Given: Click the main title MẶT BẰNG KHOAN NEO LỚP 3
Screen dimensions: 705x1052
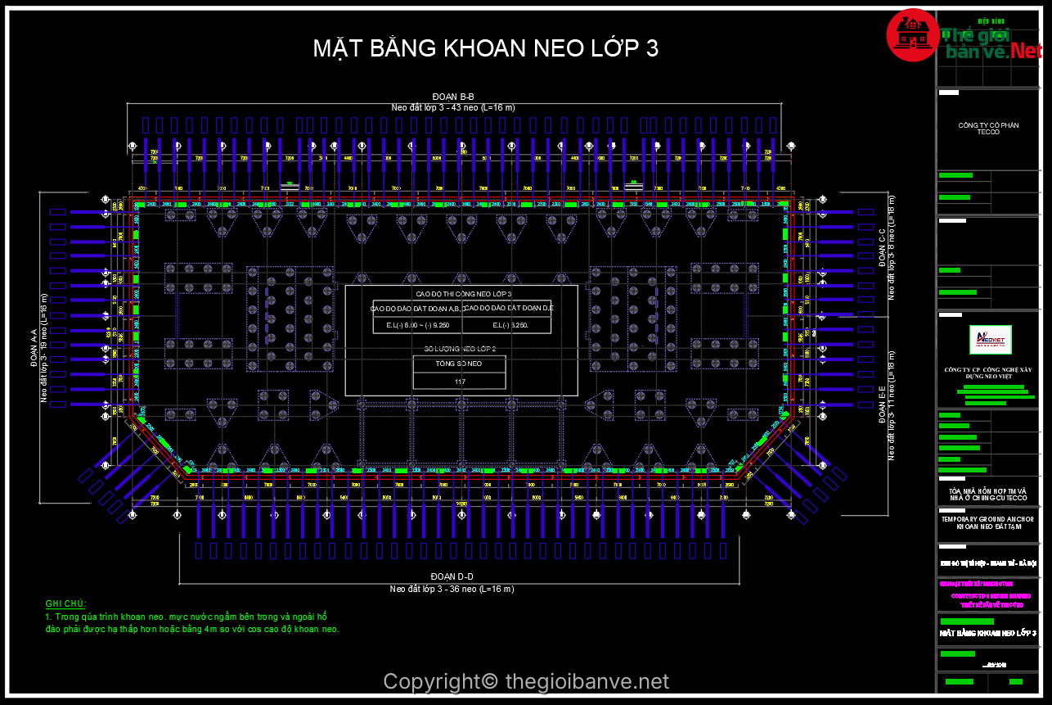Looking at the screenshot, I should click(x=485, y=48).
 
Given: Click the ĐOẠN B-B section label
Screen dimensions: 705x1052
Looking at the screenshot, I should click(x=453, y=97).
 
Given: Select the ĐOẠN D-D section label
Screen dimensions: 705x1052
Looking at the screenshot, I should click(x=452, y=578).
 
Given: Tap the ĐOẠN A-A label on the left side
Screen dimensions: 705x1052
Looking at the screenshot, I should click(x=34, y=349).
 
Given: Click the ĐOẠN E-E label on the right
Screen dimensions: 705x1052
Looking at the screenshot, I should click(x=882, y=404).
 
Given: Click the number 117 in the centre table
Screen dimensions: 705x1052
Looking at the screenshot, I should click(x=459, y=381).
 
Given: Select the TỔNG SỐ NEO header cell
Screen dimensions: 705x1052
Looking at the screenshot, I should click(x=459, y=363).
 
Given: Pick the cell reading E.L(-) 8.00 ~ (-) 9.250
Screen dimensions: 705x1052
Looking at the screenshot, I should click(x=417, y=325).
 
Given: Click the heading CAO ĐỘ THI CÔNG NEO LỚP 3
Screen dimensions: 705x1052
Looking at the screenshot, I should click(x=463, y=293).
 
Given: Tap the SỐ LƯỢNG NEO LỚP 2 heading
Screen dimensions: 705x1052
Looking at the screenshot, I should click(x=460, y=349).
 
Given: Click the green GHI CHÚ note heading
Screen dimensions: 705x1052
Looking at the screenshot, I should click(x=65, y=603).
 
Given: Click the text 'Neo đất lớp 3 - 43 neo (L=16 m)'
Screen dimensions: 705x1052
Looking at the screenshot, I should click(x=452, y=107).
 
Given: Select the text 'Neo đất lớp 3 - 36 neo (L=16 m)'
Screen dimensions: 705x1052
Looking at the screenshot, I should click(x=452, y=589).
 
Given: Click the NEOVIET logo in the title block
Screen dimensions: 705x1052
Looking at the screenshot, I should click(x=990, y=340).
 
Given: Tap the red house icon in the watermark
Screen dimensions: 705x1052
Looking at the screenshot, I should click(x=911, y=35).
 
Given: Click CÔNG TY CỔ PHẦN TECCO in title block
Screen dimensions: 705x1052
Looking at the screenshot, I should click(x=988, y=129).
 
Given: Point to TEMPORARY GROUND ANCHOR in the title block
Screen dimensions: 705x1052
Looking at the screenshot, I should click(x=987, y=519).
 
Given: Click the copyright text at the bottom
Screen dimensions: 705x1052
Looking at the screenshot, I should click(x=525, y=681).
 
